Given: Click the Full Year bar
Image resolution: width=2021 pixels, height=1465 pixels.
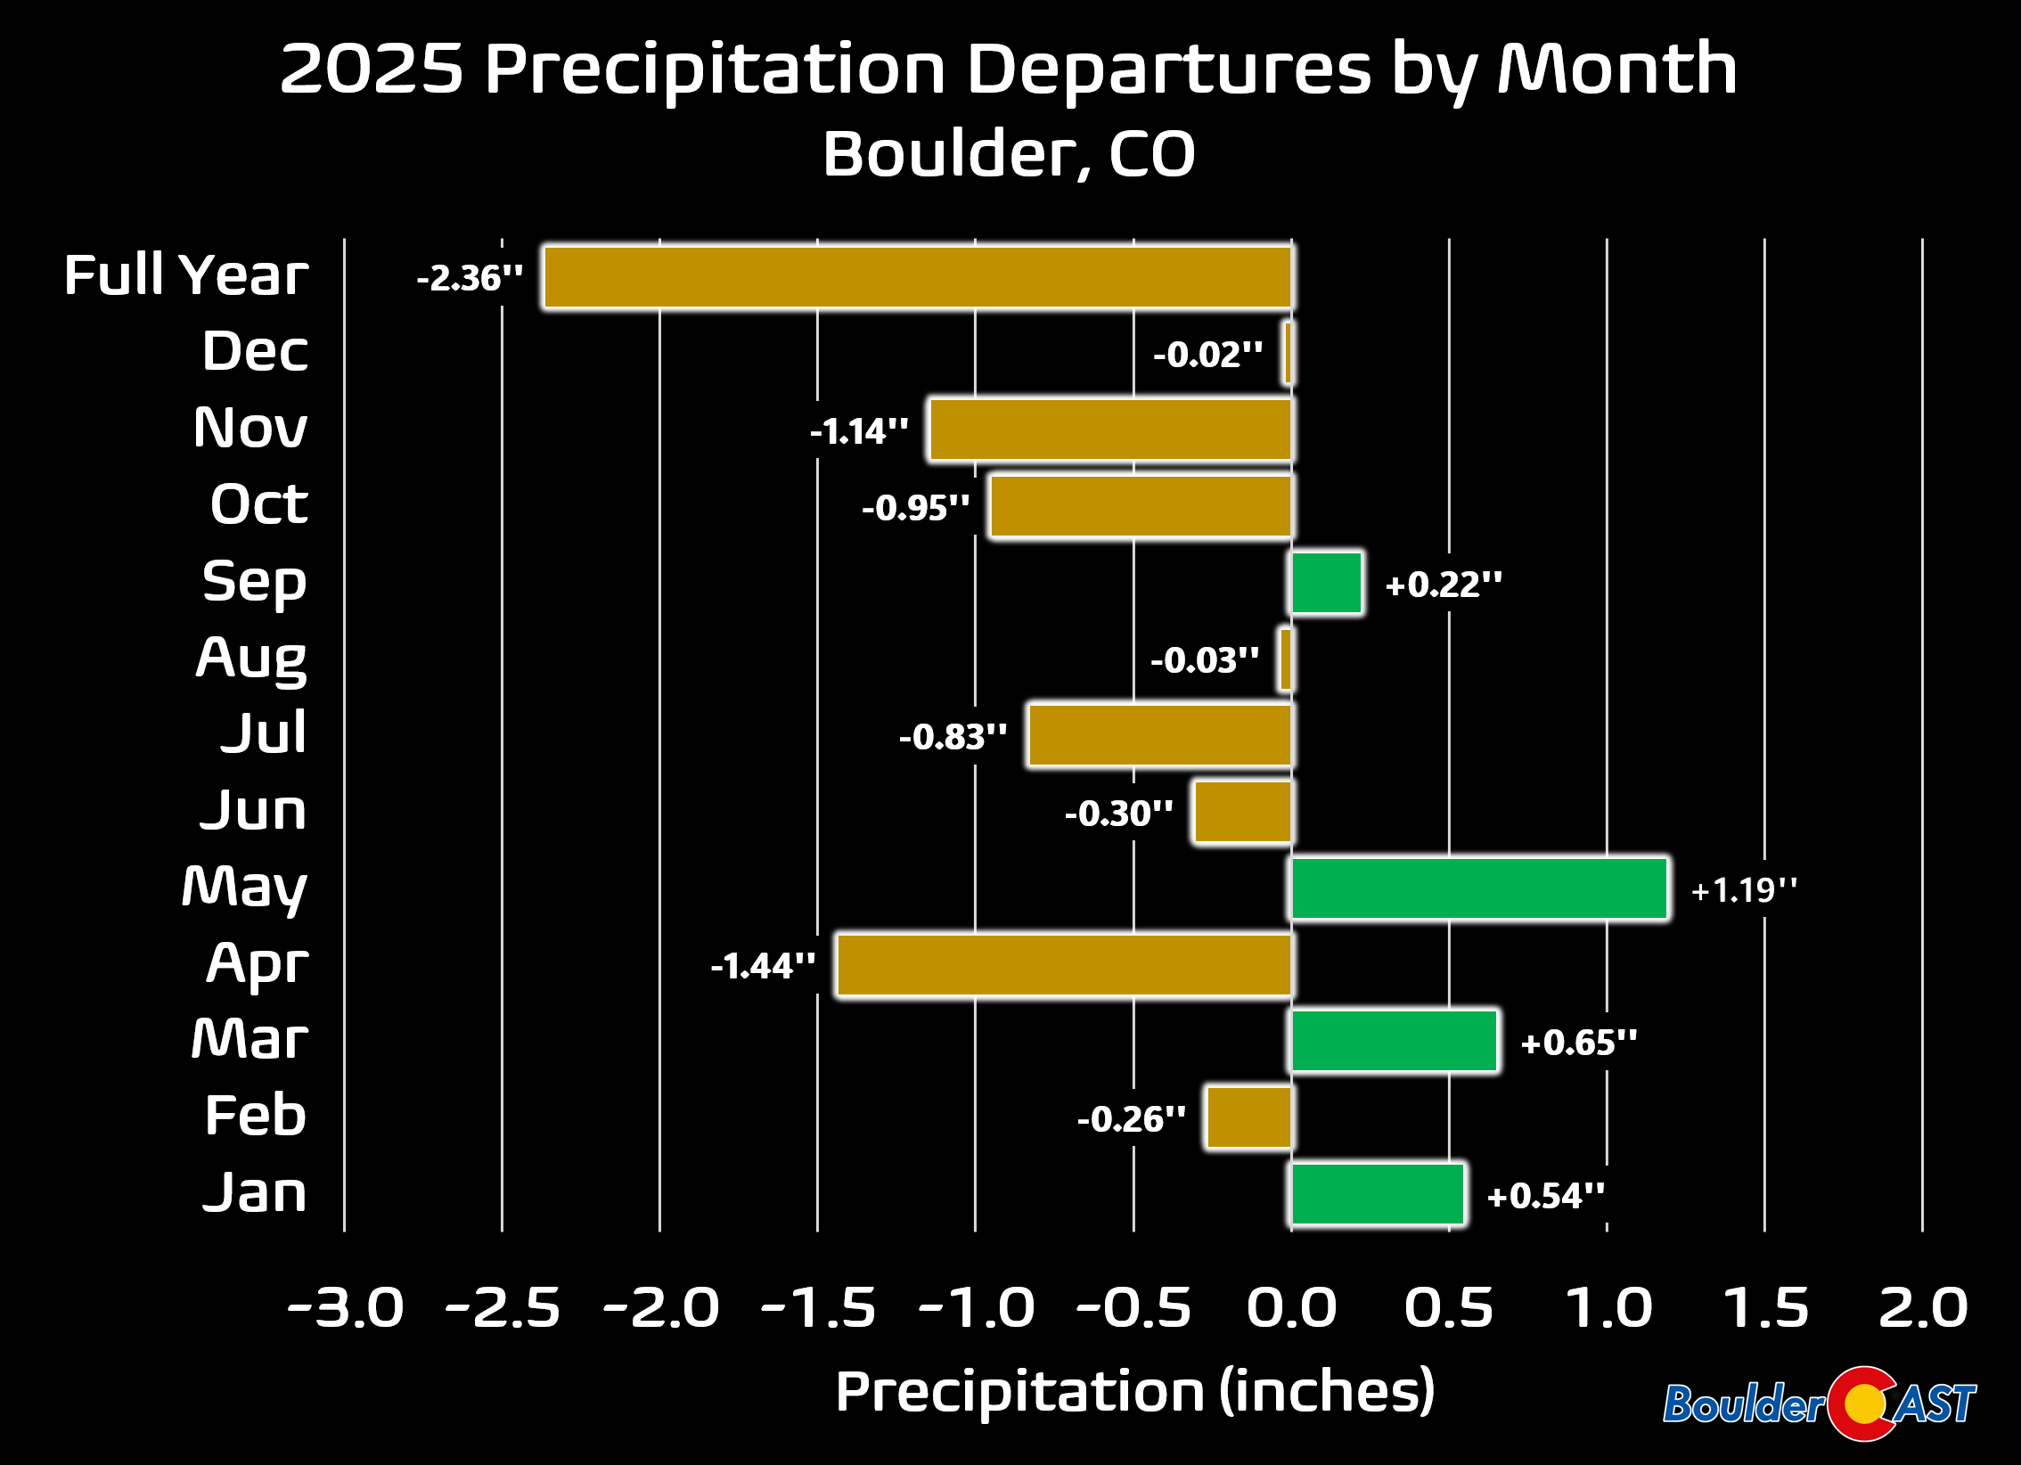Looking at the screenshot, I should click(x=918, y=277).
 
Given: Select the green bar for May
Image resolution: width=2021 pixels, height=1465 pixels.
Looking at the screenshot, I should click(x=1479, y=888).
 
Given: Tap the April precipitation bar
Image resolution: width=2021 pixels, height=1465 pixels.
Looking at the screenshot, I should click(x=1064, y=965).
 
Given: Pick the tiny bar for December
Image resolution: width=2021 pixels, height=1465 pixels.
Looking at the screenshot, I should click(x=1289, y=354).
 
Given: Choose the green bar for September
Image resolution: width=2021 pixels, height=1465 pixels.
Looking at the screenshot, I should click(x=1327, y=584).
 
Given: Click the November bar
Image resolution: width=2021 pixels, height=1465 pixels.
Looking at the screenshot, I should click(x=1110, y=430).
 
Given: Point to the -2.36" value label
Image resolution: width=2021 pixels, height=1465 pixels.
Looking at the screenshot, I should click(x=470, y=278).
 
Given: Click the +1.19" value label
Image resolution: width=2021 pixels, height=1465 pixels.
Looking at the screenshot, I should click(x=1744, y=890).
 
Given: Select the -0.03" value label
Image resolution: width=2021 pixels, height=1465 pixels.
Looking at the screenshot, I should click(x=1205, y=660).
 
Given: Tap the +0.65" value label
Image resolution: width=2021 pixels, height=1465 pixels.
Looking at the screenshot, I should click(x=1579, y=1043).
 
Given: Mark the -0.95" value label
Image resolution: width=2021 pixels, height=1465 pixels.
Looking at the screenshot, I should click(x=915, y=508).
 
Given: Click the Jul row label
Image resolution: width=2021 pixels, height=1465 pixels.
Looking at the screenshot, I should click(x=264, y=733).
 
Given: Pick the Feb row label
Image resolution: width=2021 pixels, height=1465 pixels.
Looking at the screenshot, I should click(x=256, y=1116).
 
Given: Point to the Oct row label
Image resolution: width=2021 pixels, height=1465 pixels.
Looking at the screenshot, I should click(x=259, y=504).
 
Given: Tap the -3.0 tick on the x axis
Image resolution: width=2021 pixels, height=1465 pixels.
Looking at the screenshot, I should click(x=346, y=1308).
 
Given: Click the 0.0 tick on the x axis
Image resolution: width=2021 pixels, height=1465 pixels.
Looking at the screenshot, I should click(x=1291, y=1308).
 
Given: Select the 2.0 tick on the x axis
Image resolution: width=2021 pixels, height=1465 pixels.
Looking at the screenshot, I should click(x=1923, y=1308).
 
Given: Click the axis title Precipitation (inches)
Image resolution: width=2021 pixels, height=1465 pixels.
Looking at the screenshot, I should click(x=1134, y=1392).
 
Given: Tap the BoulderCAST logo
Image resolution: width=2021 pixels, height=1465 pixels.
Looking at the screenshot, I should click(x=1819, y=1404).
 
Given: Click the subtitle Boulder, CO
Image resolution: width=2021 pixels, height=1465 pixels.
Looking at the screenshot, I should click(x=1009, y=153).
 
